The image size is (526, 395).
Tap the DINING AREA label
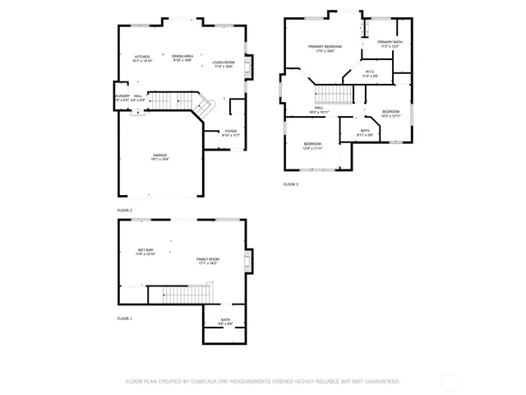coord(182,55)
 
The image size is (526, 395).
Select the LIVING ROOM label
coord(224,62)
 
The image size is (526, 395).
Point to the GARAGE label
coord(159,155)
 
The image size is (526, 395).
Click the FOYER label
coord(232,131)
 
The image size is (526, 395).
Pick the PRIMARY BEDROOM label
coord(325,46)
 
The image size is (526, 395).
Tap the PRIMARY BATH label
coord(389,41)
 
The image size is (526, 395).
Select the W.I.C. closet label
coord(370,72)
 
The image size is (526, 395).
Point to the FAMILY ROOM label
coord(207,259)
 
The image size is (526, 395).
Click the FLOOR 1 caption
coord(124,318)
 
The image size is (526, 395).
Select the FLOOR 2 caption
coord(124,211)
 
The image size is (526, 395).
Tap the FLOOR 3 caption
coord(291,184)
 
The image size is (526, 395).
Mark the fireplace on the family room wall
coord(249,263)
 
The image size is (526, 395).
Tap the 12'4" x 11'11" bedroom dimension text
coord(312,148)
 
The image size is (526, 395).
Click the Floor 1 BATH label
coord(225,319)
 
